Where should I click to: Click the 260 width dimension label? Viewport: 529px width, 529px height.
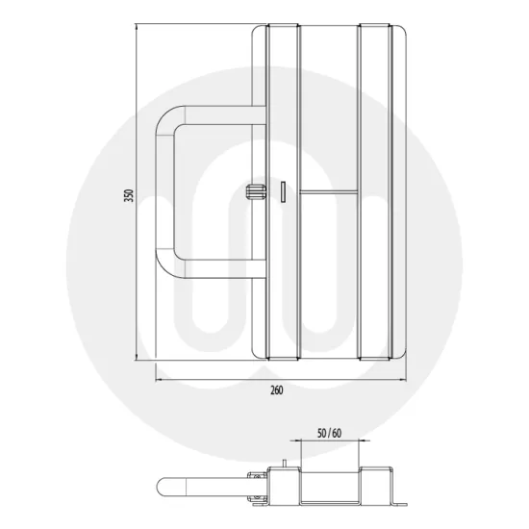(x=277, y=391)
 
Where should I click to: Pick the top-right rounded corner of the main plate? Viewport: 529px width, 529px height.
(x=403, y=35)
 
